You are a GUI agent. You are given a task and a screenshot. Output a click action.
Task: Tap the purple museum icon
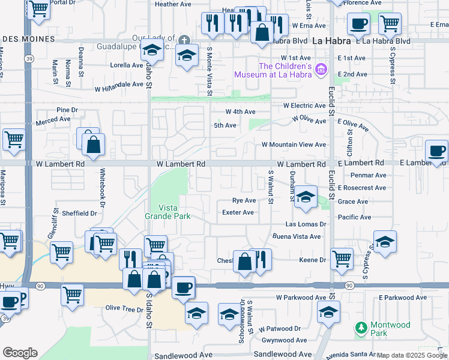321,70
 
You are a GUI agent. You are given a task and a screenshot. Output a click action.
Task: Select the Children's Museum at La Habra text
285,70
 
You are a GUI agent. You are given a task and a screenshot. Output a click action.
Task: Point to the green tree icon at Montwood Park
361,328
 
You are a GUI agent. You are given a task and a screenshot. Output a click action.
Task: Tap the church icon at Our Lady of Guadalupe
184,41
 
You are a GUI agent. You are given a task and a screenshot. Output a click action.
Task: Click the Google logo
20,353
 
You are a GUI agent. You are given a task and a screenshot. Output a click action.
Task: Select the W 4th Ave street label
240,112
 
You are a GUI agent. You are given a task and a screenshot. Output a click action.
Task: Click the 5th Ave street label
225,125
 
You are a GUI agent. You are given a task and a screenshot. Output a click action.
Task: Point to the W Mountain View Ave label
294,145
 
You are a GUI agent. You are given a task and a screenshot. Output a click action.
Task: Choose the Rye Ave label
244,200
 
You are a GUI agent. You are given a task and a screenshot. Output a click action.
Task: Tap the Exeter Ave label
238,212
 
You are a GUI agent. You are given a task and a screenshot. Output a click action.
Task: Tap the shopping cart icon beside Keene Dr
342,258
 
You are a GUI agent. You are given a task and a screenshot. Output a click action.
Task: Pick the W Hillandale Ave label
119,85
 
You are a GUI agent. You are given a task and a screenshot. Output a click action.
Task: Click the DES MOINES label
28,39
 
